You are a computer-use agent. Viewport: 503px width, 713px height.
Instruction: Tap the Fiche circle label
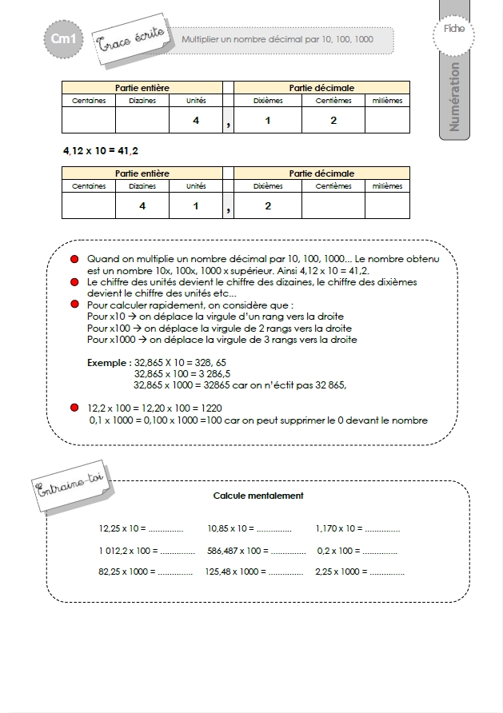453,30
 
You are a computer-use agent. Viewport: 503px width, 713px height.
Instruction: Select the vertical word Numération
455,96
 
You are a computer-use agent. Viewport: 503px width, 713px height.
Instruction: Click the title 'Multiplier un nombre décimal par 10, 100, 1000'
277,38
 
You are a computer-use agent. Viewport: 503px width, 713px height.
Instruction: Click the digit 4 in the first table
195,121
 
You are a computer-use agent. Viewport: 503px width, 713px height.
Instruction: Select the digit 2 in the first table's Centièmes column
333,121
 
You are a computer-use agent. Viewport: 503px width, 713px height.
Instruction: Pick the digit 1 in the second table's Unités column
195,206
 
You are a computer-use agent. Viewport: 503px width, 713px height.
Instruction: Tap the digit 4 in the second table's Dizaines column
142,206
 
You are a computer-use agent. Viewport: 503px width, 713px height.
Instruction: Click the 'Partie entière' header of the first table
142,88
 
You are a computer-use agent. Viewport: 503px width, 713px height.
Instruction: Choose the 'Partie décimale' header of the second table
321,173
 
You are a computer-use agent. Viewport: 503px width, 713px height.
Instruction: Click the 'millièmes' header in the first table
388,101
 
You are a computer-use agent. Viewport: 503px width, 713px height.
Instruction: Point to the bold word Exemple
108,362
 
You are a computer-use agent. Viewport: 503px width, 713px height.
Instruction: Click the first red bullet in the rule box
74,261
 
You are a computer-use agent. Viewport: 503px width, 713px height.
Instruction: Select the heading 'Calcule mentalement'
258,496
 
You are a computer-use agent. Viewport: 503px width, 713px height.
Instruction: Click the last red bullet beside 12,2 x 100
74,408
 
